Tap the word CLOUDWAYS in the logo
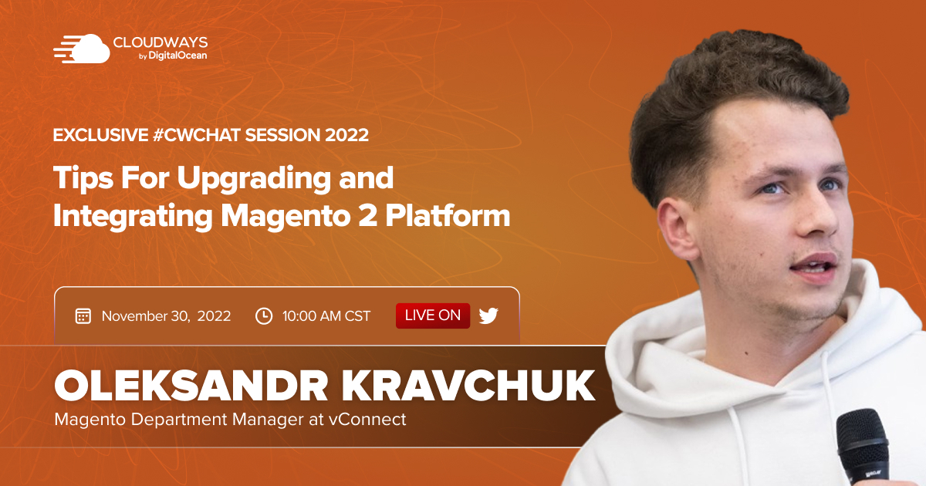tap(160, 42)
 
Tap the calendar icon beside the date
tap(83, 316)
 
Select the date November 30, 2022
tap(166, 316)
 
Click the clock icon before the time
tap(264, 316)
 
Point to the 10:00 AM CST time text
tap(326, 316)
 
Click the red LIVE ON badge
tap(433, 316)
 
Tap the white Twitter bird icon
tap(488, 316)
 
